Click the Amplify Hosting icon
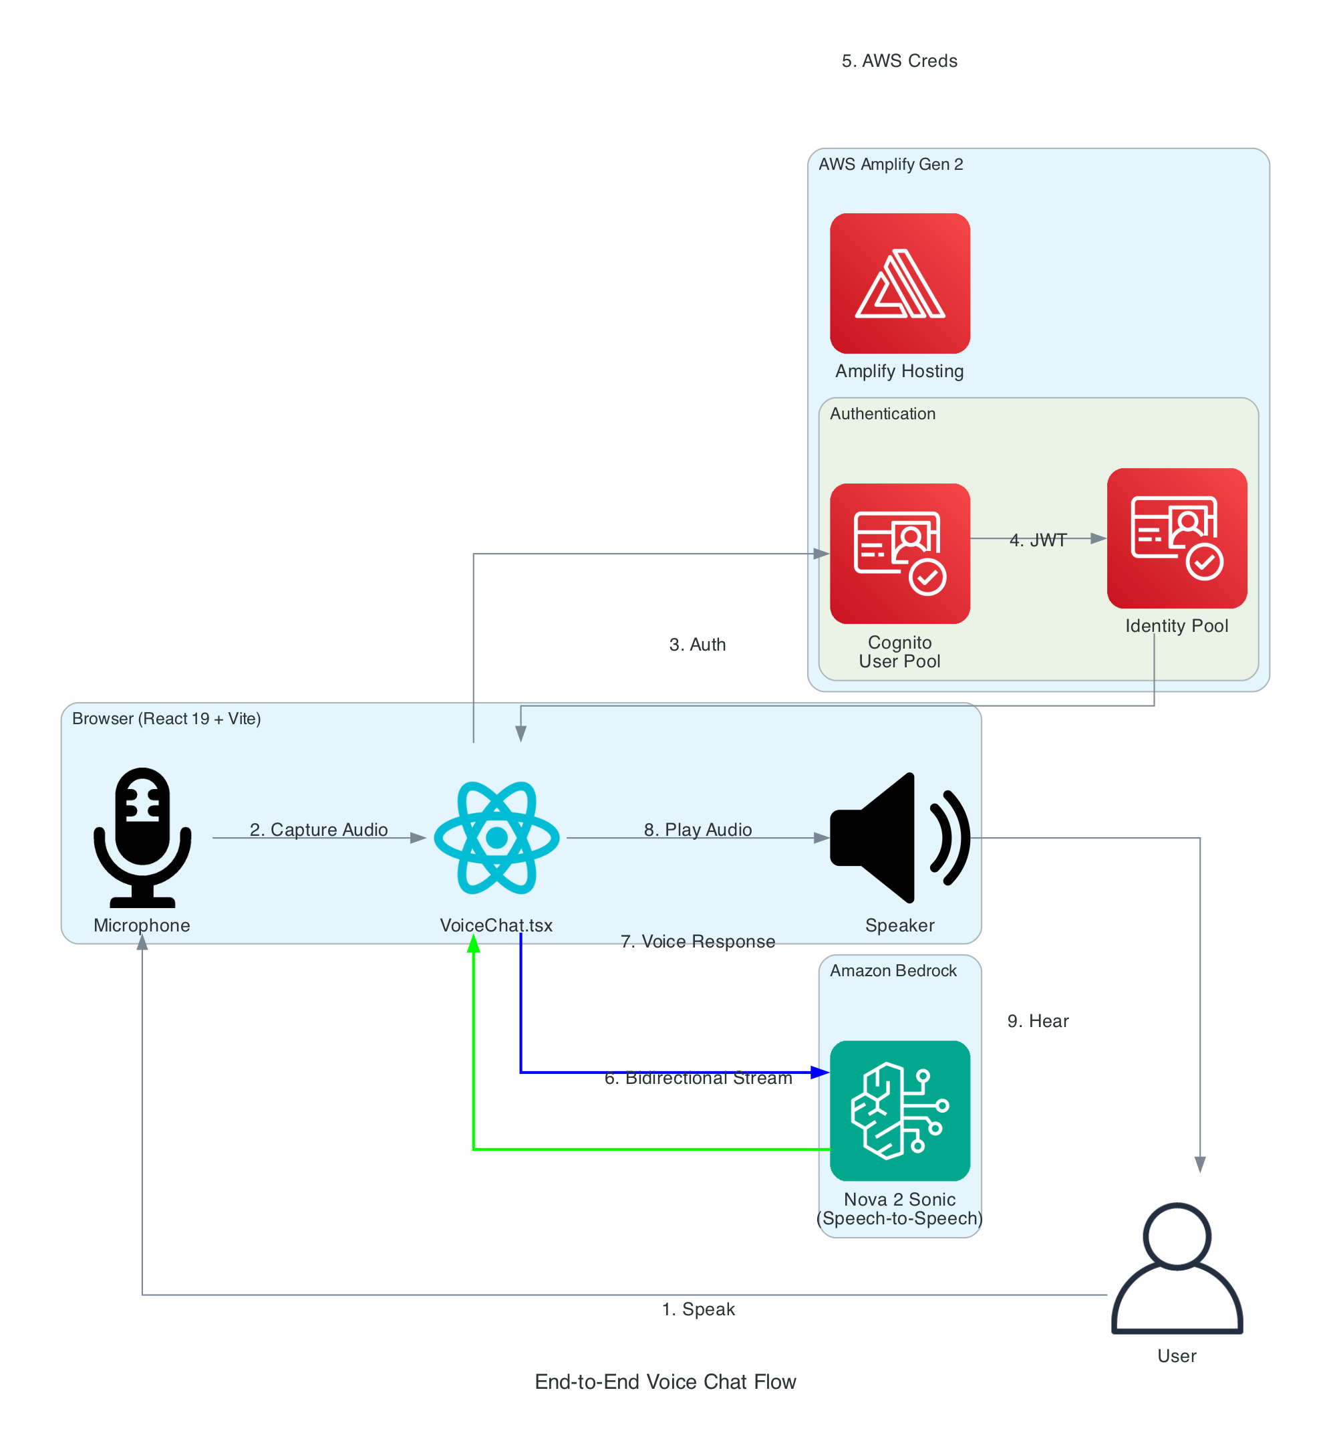click(x=899, y=284)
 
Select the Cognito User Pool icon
click(x=899, y=554)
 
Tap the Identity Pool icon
click(x=1176, y=538)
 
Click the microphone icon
click(x=142, y=837)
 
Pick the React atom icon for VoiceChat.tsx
click(x=496, y=837)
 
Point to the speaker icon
click(x=899, y=837)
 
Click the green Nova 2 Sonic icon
click(x=899, y=1110)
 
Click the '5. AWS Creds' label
click(x=899, y=62)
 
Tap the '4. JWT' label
click(x=1038, y=540)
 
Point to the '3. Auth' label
click(x=697, y=644)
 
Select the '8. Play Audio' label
click(x=697, y=829)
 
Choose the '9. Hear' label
click(x=1038, y=1021)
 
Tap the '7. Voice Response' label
click(x=697, y=941)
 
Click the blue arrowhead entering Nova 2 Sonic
click(x=820, y=1073)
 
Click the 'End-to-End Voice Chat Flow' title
click(x=665, y=1381)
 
